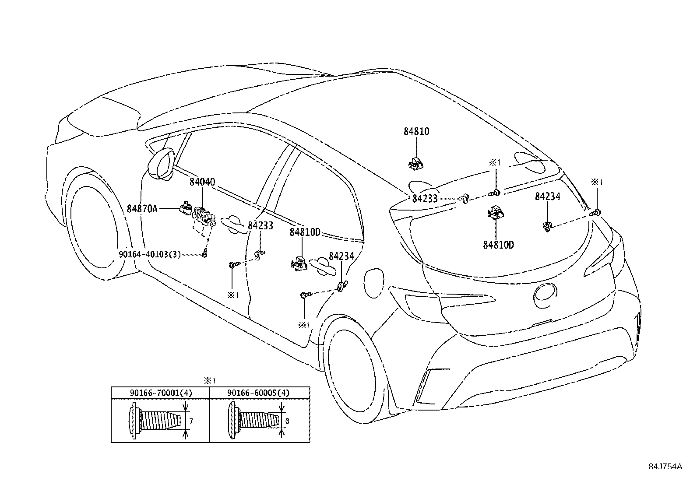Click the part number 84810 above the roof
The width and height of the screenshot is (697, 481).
point(416,131)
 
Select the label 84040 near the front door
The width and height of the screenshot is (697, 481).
point(202,182)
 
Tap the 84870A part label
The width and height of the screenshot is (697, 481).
point(142,209)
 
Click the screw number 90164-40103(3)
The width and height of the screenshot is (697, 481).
point(149,254)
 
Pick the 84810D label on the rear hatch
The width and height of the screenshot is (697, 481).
point(498,245)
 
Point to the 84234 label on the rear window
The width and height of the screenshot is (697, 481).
point(547,197)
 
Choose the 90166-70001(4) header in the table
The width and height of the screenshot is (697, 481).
point(161,393)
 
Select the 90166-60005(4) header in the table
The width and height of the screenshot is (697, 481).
point(258,393)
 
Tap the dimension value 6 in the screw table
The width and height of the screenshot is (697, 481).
point(287,421)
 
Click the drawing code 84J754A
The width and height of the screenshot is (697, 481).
point(665,467)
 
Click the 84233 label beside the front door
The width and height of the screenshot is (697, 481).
point(260,226)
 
